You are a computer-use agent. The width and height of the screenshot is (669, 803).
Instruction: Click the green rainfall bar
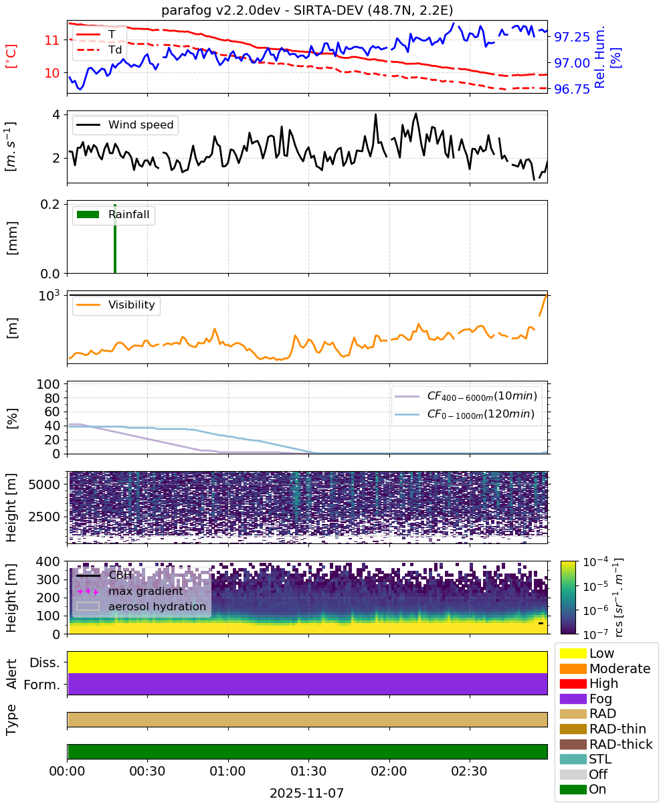coord(115,238)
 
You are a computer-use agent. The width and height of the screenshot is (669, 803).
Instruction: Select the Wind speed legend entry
coord(125,124)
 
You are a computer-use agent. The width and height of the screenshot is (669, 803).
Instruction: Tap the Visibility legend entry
coord(116,304)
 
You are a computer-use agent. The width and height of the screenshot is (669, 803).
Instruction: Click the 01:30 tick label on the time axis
coord(308,771)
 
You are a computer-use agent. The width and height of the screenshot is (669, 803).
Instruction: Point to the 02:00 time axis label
coord(389,771)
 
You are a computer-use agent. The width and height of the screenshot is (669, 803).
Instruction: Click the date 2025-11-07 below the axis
coord(306,793)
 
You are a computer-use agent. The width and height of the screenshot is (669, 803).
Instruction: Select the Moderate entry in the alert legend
coord(605,668)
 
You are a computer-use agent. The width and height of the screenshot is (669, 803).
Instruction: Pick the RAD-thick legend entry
coord(606,744)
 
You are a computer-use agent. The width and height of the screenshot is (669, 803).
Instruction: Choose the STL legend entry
coord(585,759)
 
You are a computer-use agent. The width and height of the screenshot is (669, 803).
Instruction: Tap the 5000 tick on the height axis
coord(44,484)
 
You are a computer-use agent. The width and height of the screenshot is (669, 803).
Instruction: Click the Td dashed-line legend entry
coord(99,50)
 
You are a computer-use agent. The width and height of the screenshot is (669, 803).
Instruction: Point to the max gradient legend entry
coord(130,591)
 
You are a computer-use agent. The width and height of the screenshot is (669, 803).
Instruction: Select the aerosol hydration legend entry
coord(141,606)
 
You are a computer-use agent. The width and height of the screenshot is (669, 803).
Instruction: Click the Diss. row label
coord(45,662)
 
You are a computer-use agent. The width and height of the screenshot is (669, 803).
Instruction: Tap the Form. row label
coord(42,685)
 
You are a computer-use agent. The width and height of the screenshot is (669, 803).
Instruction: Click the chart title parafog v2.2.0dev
coord(221,10)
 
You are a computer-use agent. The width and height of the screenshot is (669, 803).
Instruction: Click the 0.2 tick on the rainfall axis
coord(50,204)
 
